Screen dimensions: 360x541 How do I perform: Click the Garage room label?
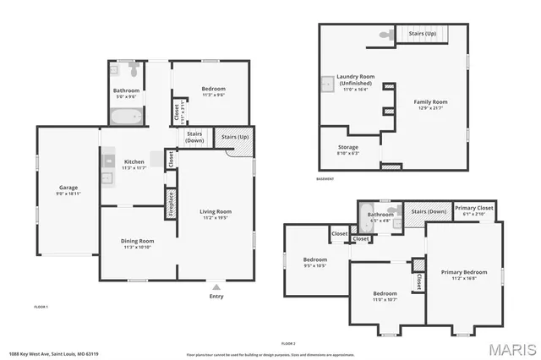click(x=68, y=187)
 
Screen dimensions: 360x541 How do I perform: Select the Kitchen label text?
click(x=134, y=161)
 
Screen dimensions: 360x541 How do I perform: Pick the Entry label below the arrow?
click(x=216, y=296)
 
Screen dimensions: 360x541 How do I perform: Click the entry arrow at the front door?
click(x=216, y=286)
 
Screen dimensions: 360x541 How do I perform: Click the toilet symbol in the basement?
click(x=385, y=35)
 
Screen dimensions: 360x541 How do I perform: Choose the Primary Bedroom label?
click(x=464, y=272)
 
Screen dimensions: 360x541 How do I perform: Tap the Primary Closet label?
click(x=474, y=208)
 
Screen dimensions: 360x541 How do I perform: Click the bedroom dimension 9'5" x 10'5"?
click(x=314, y=265)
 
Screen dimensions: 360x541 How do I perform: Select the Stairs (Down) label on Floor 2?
click(x=429, y=211)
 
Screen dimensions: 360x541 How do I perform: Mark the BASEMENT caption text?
click(x=325, y=179)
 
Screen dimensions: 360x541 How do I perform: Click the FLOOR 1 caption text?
click(x=41, y=306)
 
